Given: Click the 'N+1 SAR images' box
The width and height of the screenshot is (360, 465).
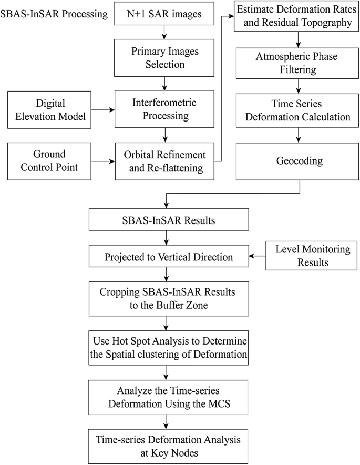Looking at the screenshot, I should (x=166, y=14).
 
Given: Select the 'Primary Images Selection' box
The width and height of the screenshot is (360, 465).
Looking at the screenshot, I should (x=166, y=58).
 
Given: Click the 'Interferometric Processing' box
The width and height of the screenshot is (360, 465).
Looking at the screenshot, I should (x=166, y=110).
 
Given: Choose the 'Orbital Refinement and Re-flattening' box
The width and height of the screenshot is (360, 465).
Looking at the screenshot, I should (x=166, y=161).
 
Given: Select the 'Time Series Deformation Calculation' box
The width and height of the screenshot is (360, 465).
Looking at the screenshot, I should (x=299, y=110).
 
